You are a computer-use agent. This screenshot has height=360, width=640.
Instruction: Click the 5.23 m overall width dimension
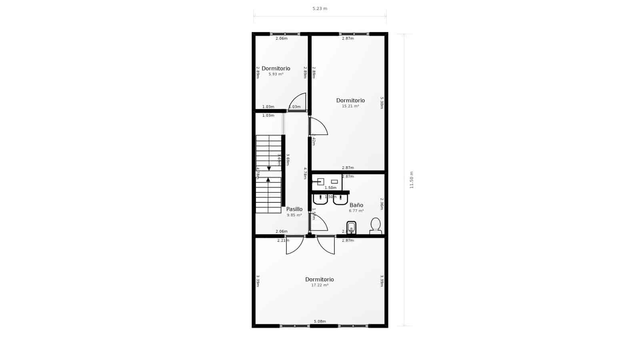tap(320, 8)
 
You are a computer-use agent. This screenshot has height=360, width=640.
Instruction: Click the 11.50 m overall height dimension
tap(412, 180)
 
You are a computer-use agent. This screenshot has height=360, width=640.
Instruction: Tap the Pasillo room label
tap(294, 209)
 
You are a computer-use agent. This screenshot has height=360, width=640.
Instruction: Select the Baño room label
tap(356, 205)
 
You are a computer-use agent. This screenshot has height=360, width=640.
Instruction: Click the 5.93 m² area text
tap(276, 74)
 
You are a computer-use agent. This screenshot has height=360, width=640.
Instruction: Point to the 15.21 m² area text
tap(350, 106)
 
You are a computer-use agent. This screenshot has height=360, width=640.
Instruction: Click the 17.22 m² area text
tap(320, 285)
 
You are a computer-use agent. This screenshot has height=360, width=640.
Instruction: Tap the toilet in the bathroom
tap(376, 226)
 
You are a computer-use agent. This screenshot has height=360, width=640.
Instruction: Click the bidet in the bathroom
tap(351, 228)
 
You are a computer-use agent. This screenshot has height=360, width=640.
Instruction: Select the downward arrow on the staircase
tap(269, 168)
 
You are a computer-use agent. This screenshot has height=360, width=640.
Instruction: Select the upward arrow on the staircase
tap(268, 180)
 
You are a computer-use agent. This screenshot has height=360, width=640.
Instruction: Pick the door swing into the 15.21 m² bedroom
tap(319, 126)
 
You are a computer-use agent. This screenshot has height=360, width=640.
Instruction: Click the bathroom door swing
tap(319, 223)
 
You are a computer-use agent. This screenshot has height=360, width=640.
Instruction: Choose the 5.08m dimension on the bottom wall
tap(320, 322)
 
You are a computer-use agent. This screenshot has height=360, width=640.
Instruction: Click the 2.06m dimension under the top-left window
tap(282, 38)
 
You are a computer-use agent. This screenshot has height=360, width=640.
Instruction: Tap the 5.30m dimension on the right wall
tap(382, 103)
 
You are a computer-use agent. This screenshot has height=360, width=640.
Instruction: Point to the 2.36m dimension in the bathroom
tap(382, 204)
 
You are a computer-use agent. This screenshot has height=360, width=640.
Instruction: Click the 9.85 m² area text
tap(294, 215)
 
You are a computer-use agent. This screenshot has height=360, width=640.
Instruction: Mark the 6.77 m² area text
tap(356, 211)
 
